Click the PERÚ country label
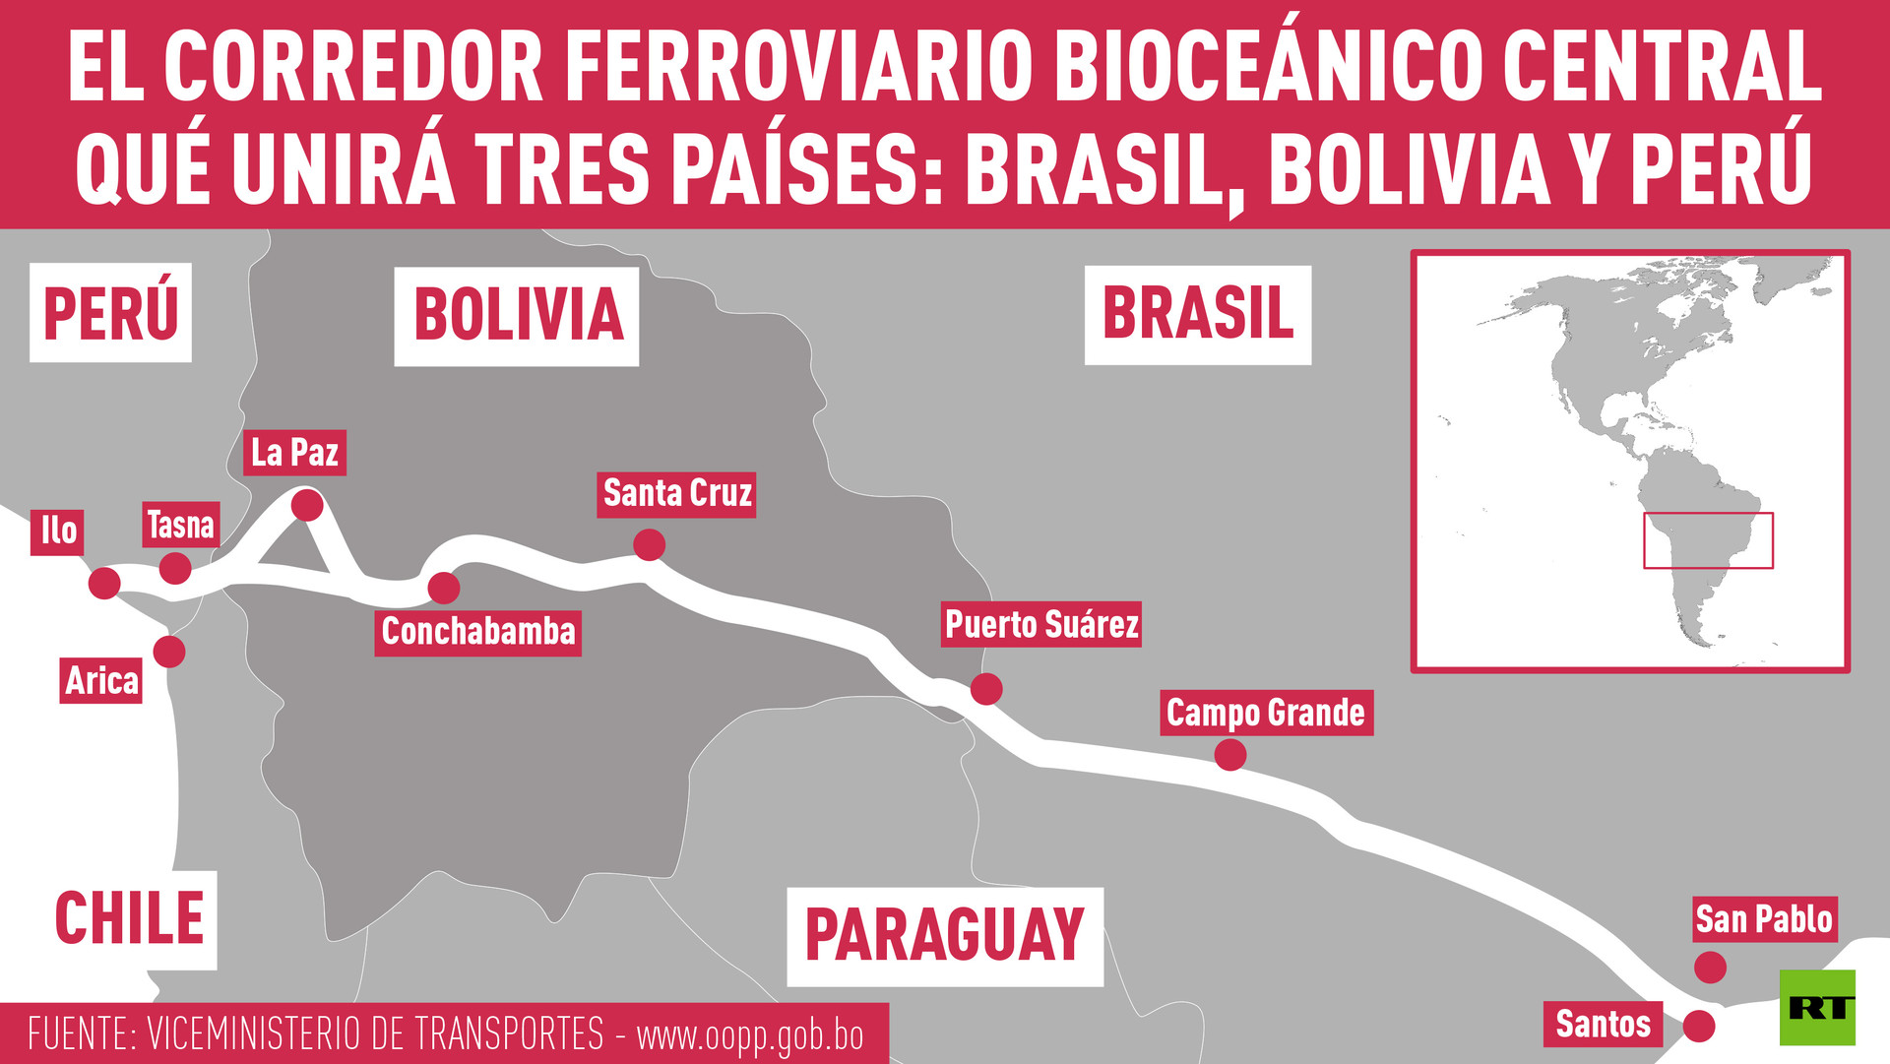tap(110, 313)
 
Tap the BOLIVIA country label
tap(517, 316)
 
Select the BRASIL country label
tap(1197, 315)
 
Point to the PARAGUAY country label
tap(944, 936)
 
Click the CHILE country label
tap(129, 919)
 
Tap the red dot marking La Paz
tap(307, 505)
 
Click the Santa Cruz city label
tap(677, 494)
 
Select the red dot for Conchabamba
tap(444, 588)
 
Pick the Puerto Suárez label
tap(1041, 625)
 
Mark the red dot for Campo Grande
tap(1229, 755)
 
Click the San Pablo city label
tap(1763, 919)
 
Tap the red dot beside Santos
tap(1698, 1026)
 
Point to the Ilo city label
tap(58, 532)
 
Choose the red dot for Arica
tap(169, 651)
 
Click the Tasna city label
tap(180, 526)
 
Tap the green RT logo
tap(1817, 1007)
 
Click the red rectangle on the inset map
tap(1708, 540)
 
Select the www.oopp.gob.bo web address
tap(750, 1035)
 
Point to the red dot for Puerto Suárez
tap(986, 688)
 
